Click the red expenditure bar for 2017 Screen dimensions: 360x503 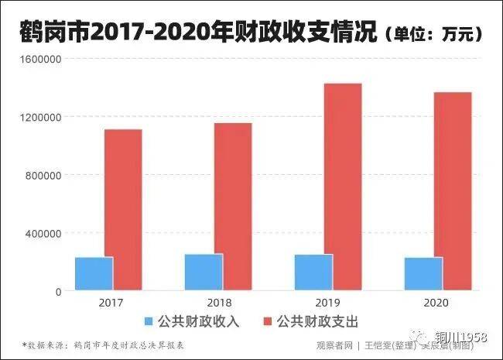coord(123,210)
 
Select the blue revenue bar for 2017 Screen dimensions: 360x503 coord(94,273)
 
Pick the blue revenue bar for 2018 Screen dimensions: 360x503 coord(204,272)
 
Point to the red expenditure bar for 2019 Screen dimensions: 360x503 coord(343,187)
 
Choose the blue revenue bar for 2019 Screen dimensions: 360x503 coord(313,272)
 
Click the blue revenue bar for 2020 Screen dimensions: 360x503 coord(423,273)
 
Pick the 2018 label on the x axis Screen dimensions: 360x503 coord(220,303)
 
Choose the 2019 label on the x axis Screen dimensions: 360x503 coord(329,303)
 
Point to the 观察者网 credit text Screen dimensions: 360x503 coord(334,345)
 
